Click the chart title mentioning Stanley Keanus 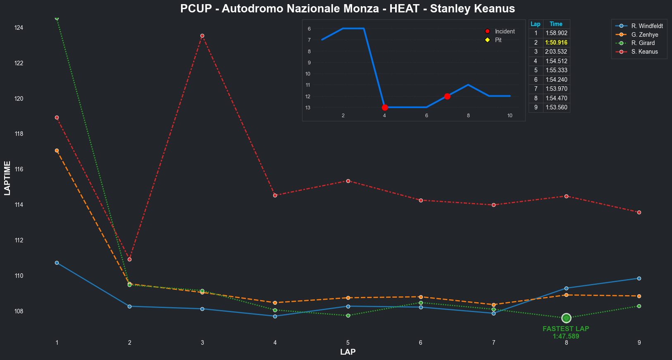pyautogui.click(x=348, y=9)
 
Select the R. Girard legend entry pyautogui.click(x=643, y=43)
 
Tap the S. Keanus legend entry pyautogui.click(x=644, y=52)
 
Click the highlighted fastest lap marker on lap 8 pyautogui.click(x=566, y=318)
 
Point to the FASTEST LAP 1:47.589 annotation pyautogui.click(x=566, y=332)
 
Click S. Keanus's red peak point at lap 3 pyautogui.click(x=202, y=36)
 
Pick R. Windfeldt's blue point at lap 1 pyautogui.click(x=57, y=263)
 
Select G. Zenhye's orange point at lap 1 pyautogui.click(x=57, y=151)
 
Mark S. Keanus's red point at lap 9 pyautogui.click(x=639, y=212)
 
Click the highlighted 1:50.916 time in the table pyautogui.click(x=556, y=43)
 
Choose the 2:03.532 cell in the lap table pyautogui.click(x=556, y=52)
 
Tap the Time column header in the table pyautogui.click(x=556, y=24)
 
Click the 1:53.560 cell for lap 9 pyautogui.click(x=556, y=107)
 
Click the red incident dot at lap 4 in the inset pyautogui.click(x=385, y=107)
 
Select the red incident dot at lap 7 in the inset pyautogui.click(x=447, y=96)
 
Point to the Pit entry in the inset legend pyautogui.click(x=498, y=40)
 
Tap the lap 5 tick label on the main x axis pyautogui.click(x=348, y=343)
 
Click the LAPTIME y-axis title pyautogui.click(x=7, y=178)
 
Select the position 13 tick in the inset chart pyautogui.click(x=308, y=108)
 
